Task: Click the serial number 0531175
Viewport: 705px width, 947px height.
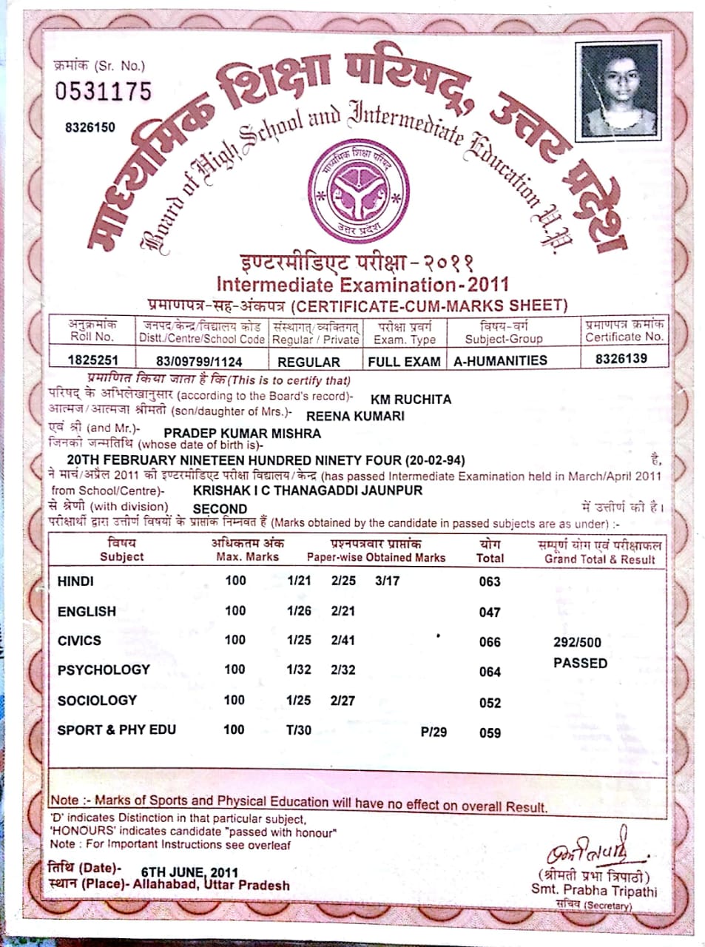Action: tap(103, 91)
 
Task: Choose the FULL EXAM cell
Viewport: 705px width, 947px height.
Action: tap(404, 362)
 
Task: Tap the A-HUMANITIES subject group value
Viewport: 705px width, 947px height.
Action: tap(500, 360)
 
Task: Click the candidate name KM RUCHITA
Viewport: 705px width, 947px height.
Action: tap(411, 400)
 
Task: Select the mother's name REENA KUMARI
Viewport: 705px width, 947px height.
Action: tap(355, 416)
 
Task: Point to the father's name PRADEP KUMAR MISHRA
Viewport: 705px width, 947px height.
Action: tap(242, 433)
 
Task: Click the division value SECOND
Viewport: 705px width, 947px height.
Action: tap(220, 509)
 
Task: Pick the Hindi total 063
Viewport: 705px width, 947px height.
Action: tap(490, 582)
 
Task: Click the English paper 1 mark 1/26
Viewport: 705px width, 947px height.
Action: tap(299, 611)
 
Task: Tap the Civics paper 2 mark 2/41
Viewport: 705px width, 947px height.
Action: tap(343, 640)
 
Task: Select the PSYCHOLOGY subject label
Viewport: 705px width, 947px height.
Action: tap(104, 670)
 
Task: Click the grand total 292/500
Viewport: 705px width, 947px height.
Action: tap(577, 642)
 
